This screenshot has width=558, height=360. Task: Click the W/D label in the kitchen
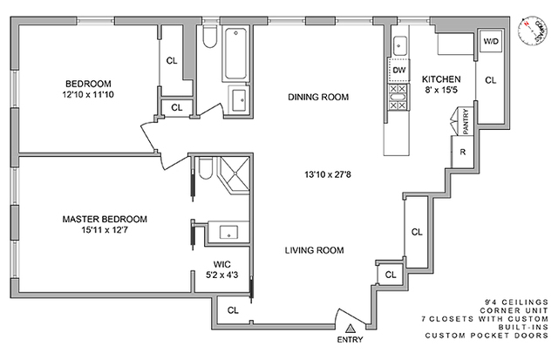pyautogui.click(x=490, y=40)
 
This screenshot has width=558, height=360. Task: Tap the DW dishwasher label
pyautogui.click(x=399, y=70)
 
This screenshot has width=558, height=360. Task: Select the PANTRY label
pyautogui.click(x=466, y=118)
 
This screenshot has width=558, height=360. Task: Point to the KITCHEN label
pyautogui.click(x=434, y=78)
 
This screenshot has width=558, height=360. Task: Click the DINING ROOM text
pyautogui.click(x=318, y=97)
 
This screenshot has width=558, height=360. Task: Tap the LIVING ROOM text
pyautogui.click(x=314, y=250)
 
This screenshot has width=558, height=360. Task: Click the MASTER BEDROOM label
pyautogui.click(x=105, y=219)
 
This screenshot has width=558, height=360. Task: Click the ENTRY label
pyautogui.click(x=350, y=340)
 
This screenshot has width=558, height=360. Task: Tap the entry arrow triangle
pyautogui.click(x=350, y=328)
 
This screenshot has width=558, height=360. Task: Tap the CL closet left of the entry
pyautogui.click(x=233, y=309)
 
